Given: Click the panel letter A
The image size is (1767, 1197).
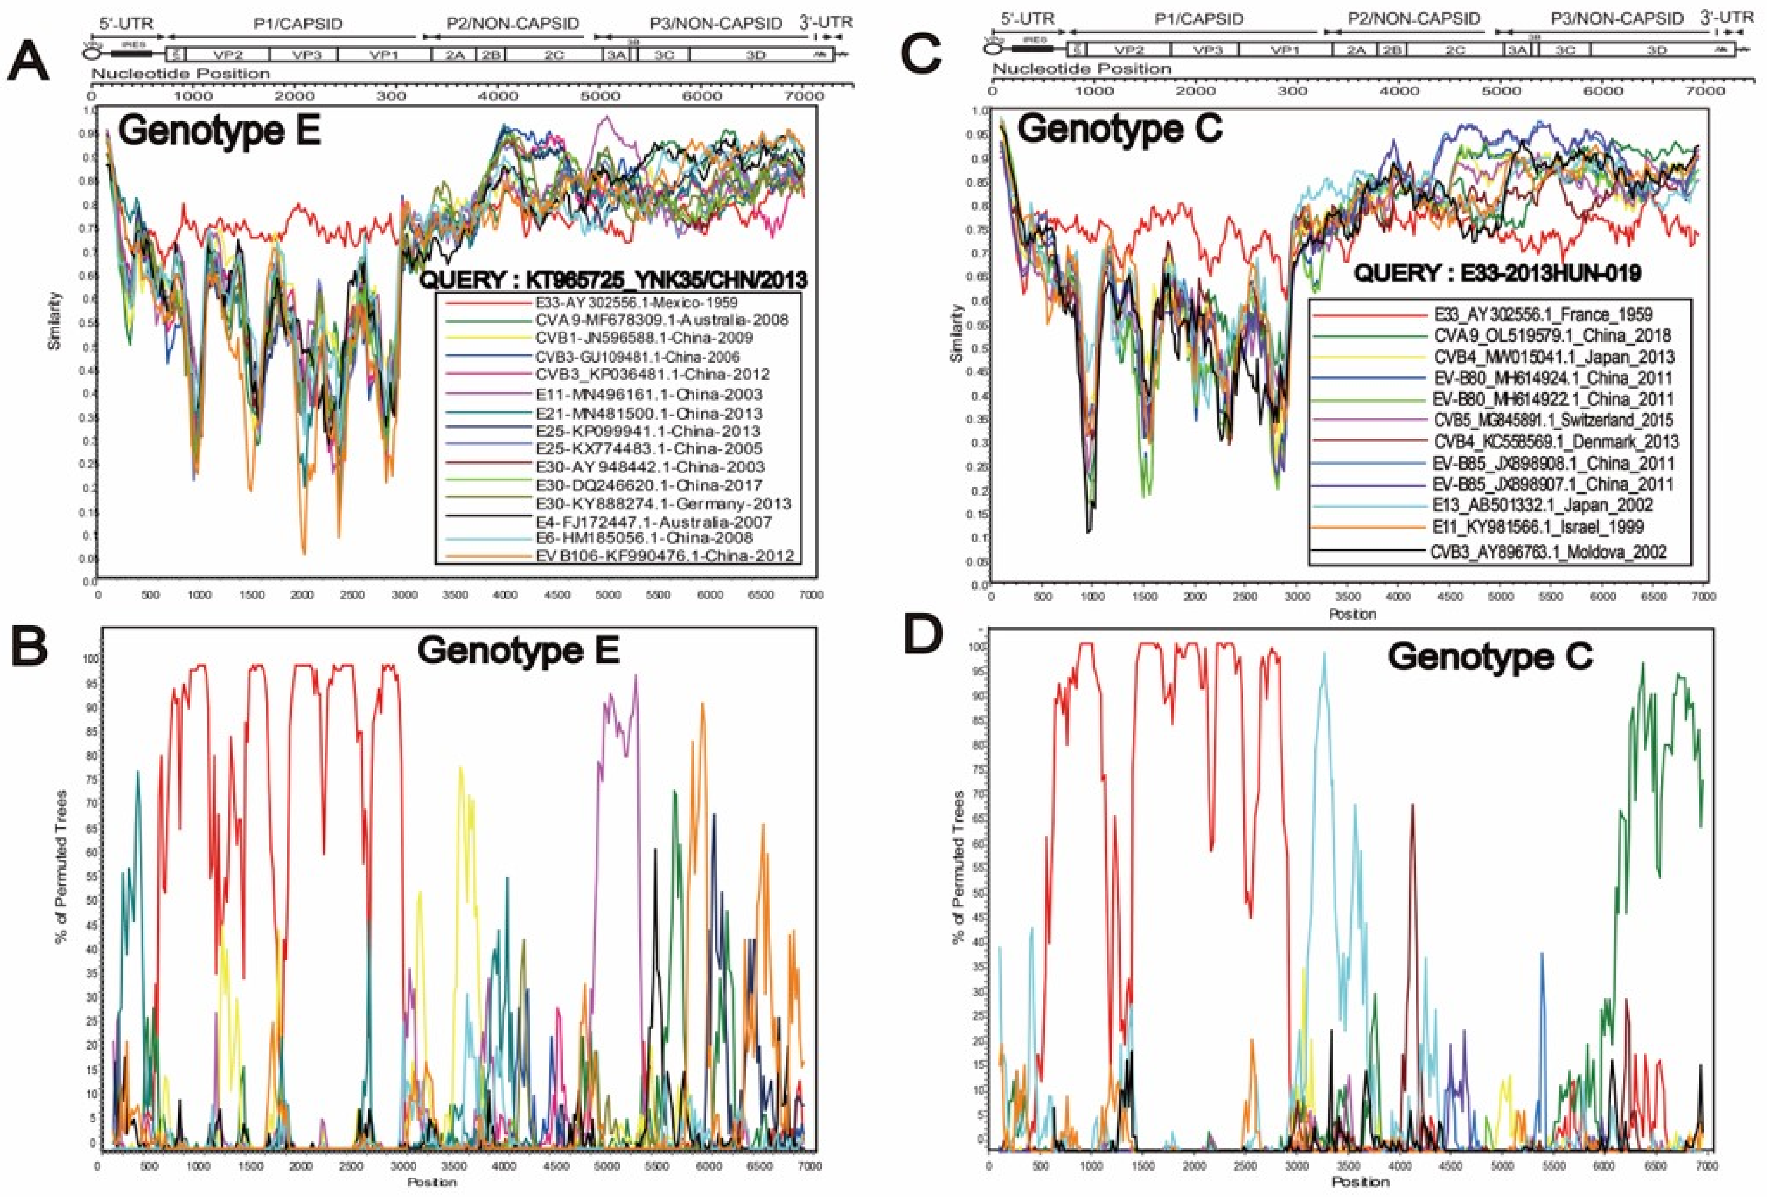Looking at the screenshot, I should click(29, 62).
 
